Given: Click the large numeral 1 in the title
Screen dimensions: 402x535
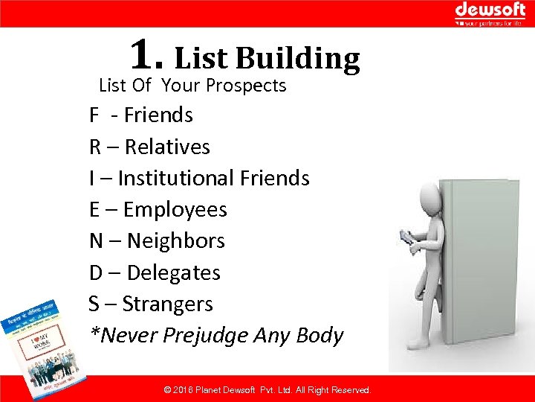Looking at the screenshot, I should [x=143, y=54].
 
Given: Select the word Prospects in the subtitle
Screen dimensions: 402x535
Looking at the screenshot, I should [x=245, y=86].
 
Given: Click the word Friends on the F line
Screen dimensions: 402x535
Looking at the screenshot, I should [x=158, y=115].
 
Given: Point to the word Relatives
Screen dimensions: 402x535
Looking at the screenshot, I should [x=167, y=147].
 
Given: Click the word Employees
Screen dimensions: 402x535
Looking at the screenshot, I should [x=175, y=210].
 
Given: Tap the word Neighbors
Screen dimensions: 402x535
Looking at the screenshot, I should [x=175, y=241].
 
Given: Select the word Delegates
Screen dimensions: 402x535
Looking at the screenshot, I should [x=173, y=272].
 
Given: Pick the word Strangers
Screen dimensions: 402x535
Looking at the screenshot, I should [x=167, y=304].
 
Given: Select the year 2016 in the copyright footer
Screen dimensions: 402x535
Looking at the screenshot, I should [x=183, y=390].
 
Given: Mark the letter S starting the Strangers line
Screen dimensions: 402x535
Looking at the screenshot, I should [x=94, y=304].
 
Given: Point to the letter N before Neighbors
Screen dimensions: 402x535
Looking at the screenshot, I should [x=96, y=241].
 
